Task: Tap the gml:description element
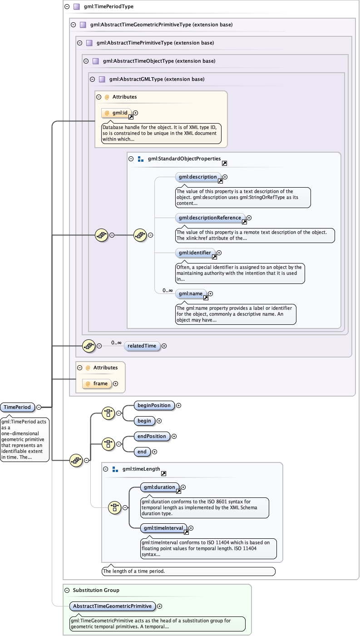pos(198,177)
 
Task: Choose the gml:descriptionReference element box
pos(210,218)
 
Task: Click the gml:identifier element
pos(195,253)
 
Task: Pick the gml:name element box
pos(191,294)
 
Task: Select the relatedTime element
pos(142,346)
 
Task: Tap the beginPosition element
pos(154,406)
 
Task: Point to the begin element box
pos(144,421)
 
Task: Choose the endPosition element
pos(152,437)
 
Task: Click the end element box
pos(142,452)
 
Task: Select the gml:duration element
pos(159,487)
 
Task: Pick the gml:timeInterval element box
pos(163,528)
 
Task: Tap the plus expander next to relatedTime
pos(164,346)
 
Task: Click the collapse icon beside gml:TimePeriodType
pos(67,7)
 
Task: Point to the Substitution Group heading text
pos(96,590)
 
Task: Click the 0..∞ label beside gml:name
pos(168,290)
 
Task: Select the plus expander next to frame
pos(116,384)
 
